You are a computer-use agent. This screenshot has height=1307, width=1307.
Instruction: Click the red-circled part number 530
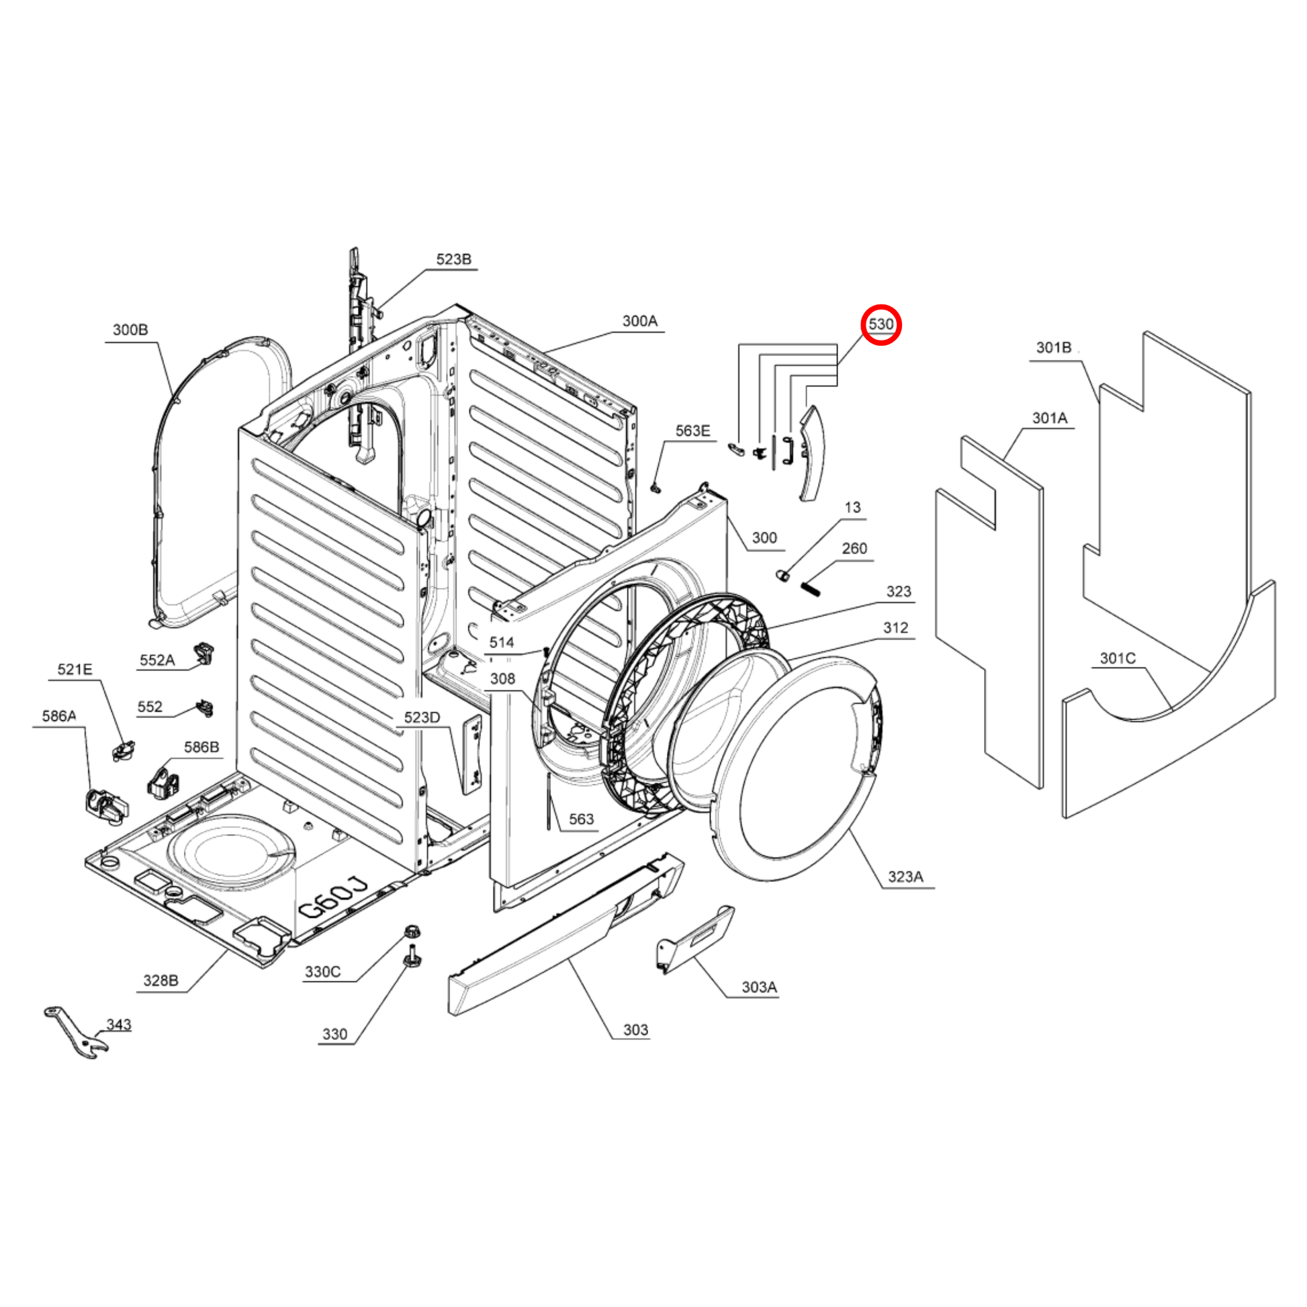[881, 324]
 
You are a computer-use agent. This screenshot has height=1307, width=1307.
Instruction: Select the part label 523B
[453, 259]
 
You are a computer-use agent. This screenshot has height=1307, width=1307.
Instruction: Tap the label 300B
[130, 330]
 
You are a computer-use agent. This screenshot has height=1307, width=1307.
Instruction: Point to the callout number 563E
[692, 431]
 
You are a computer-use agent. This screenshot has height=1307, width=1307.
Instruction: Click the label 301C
[1118, 658]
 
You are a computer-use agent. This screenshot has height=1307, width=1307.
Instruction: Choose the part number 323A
[905, 876]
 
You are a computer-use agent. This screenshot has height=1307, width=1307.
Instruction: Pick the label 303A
[759, 987]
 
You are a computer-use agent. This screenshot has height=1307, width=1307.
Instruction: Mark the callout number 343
[118, 1024]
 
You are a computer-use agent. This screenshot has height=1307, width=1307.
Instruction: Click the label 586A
[59, 716]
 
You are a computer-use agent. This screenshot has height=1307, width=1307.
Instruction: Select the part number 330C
[322, 971]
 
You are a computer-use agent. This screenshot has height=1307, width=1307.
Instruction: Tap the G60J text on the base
[334, 899]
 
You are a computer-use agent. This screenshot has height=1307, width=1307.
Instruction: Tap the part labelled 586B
[163, 780]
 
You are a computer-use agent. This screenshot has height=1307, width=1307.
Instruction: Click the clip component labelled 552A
[204, 653]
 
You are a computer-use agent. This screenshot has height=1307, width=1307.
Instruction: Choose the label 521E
[75, 669]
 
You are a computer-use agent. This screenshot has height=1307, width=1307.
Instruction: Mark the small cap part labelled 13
[782, 576]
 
